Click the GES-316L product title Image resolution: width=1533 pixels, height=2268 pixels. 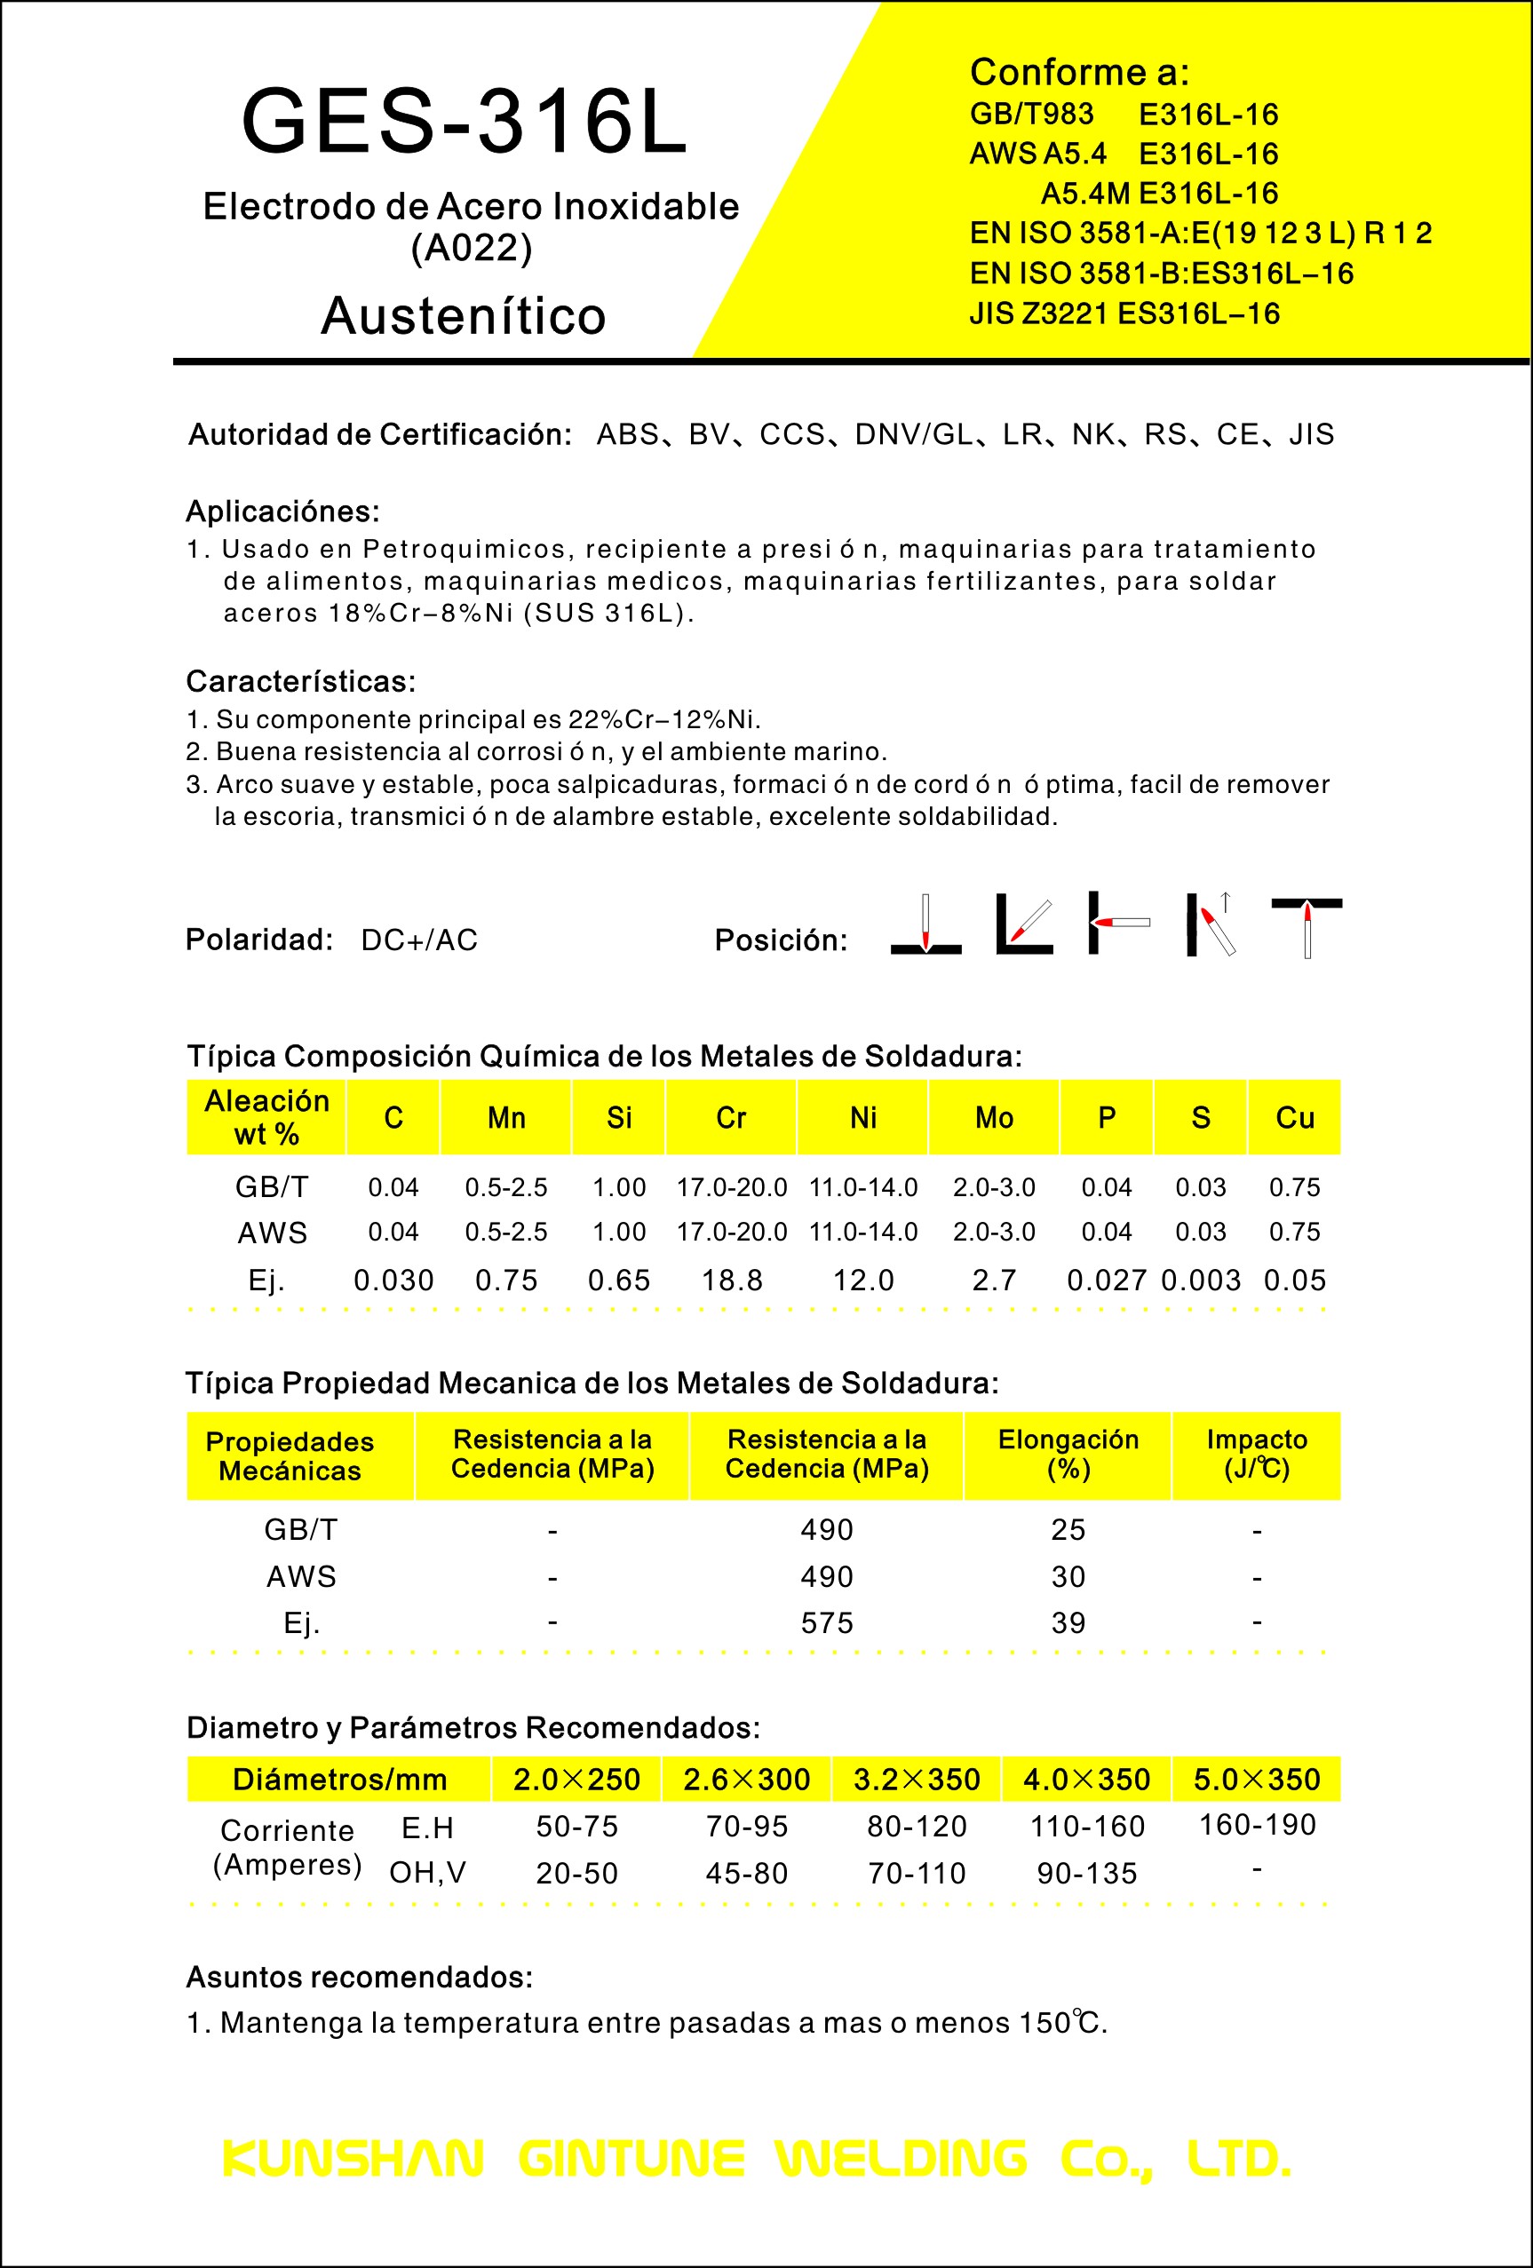[465, 122]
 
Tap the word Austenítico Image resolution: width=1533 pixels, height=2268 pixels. [464, 316]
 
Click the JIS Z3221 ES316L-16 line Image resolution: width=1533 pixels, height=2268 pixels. [1124, 314]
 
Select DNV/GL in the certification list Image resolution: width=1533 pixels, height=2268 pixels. [914, 434]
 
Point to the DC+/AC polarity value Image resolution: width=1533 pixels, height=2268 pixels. [419, 940]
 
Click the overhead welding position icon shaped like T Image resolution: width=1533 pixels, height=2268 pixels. [1307, 927]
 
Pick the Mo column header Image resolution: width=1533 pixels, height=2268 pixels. [995, 1117]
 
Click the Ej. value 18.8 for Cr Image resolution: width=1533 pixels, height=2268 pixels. [732, 1281]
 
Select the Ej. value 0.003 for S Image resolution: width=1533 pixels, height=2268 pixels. [1200, 1281]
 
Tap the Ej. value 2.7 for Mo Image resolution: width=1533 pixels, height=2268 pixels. [995, 1281]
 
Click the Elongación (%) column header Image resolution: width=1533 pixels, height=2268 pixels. [1068, 1454]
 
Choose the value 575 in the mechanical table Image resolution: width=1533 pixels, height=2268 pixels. [827, 1623]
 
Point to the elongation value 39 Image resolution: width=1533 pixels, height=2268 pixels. [1068, 1623]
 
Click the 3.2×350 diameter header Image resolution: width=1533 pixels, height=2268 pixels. [917, 1779]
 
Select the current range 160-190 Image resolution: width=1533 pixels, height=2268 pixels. [1257, 1824]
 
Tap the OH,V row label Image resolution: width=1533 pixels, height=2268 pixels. [427, 1873]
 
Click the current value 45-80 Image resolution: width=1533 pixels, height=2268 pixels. [746, 1874]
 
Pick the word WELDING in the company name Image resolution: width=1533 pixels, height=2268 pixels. [901, 2159]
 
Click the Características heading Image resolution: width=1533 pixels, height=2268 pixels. [300, 681]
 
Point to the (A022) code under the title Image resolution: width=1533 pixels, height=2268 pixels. [472, 248]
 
